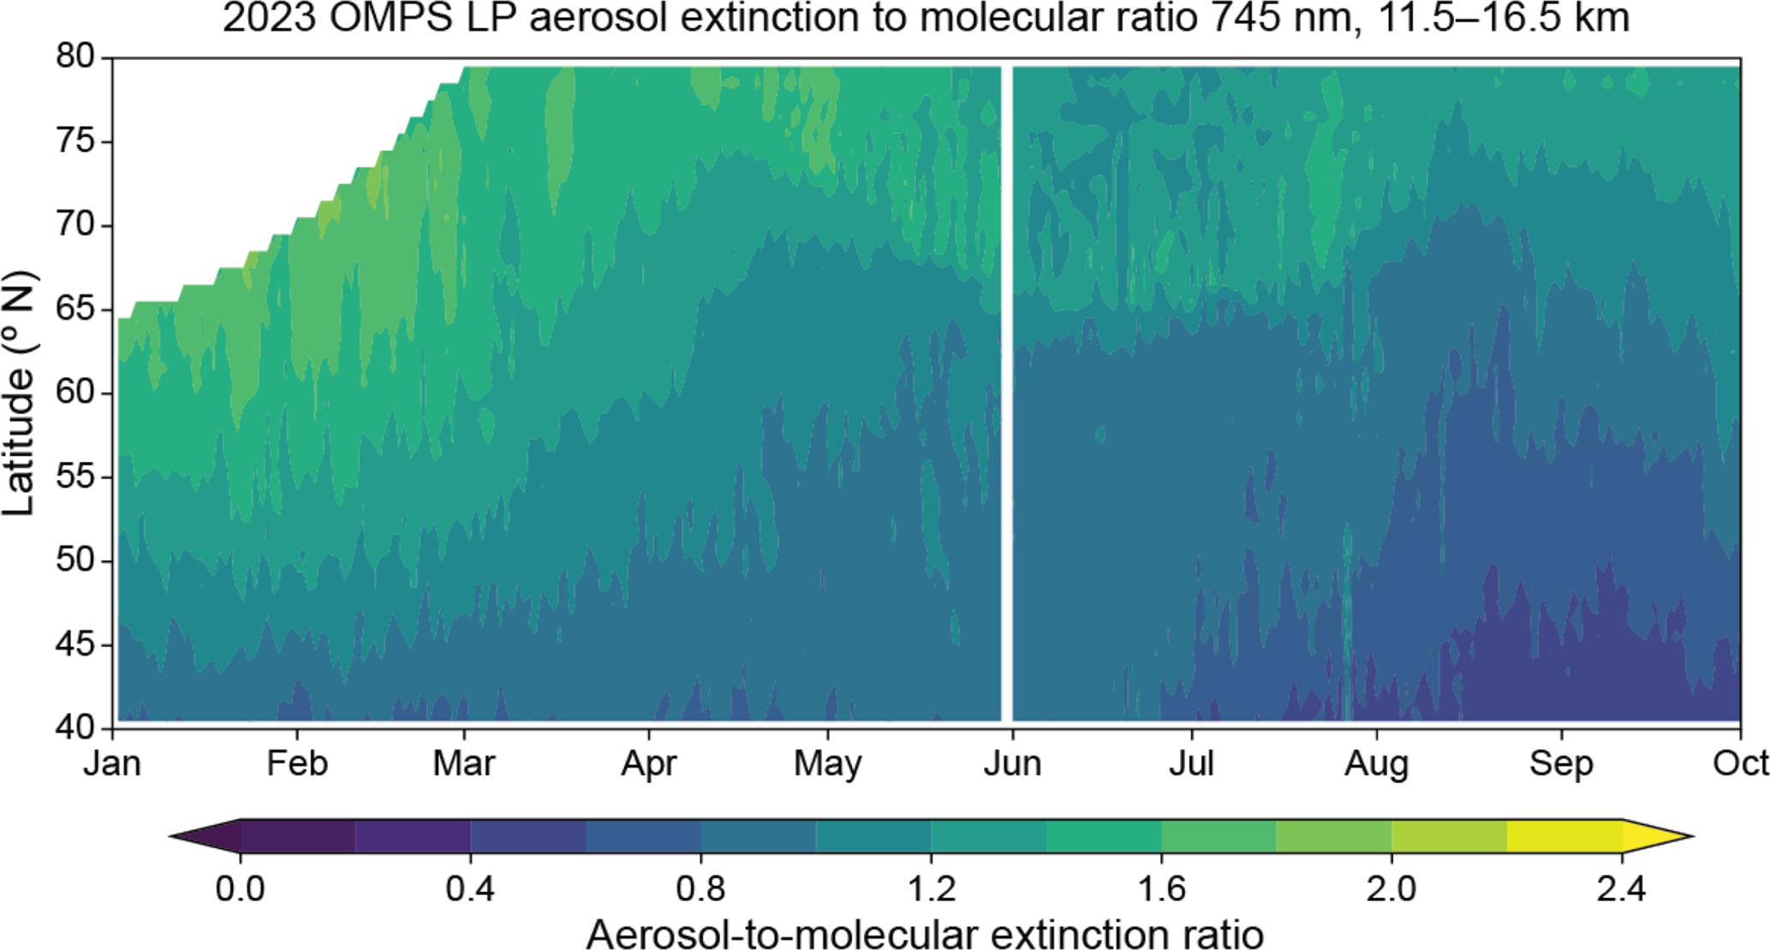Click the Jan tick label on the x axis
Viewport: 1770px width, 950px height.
pos(112,763)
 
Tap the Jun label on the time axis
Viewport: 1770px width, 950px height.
pos(1012,763)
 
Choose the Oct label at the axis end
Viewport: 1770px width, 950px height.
pos(1741,763)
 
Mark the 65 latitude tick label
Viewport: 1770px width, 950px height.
pos(76,309)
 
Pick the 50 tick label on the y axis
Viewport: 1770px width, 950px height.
pos(76,561)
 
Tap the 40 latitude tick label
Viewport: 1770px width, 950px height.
pos(76,727)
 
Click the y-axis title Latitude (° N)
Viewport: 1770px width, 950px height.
pos(19,394)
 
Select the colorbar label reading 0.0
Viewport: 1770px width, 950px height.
pos(240,889)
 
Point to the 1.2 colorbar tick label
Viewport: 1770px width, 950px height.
pos(931,889)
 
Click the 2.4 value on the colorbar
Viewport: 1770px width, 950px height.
pos(1621,889)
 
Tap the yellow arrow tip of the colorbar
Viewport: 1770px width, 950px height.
pos(1692,836)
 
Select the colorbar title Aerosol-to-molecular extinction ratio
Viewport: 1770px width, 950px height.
pos(925,932)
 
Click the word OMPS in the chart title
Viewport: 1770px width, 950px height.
pos(390,19)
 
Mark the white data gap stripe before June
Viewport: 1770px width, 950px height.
pos(1007,394)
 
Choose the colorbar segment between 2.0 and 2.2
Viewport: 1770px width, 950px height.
pos(1449,836)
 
